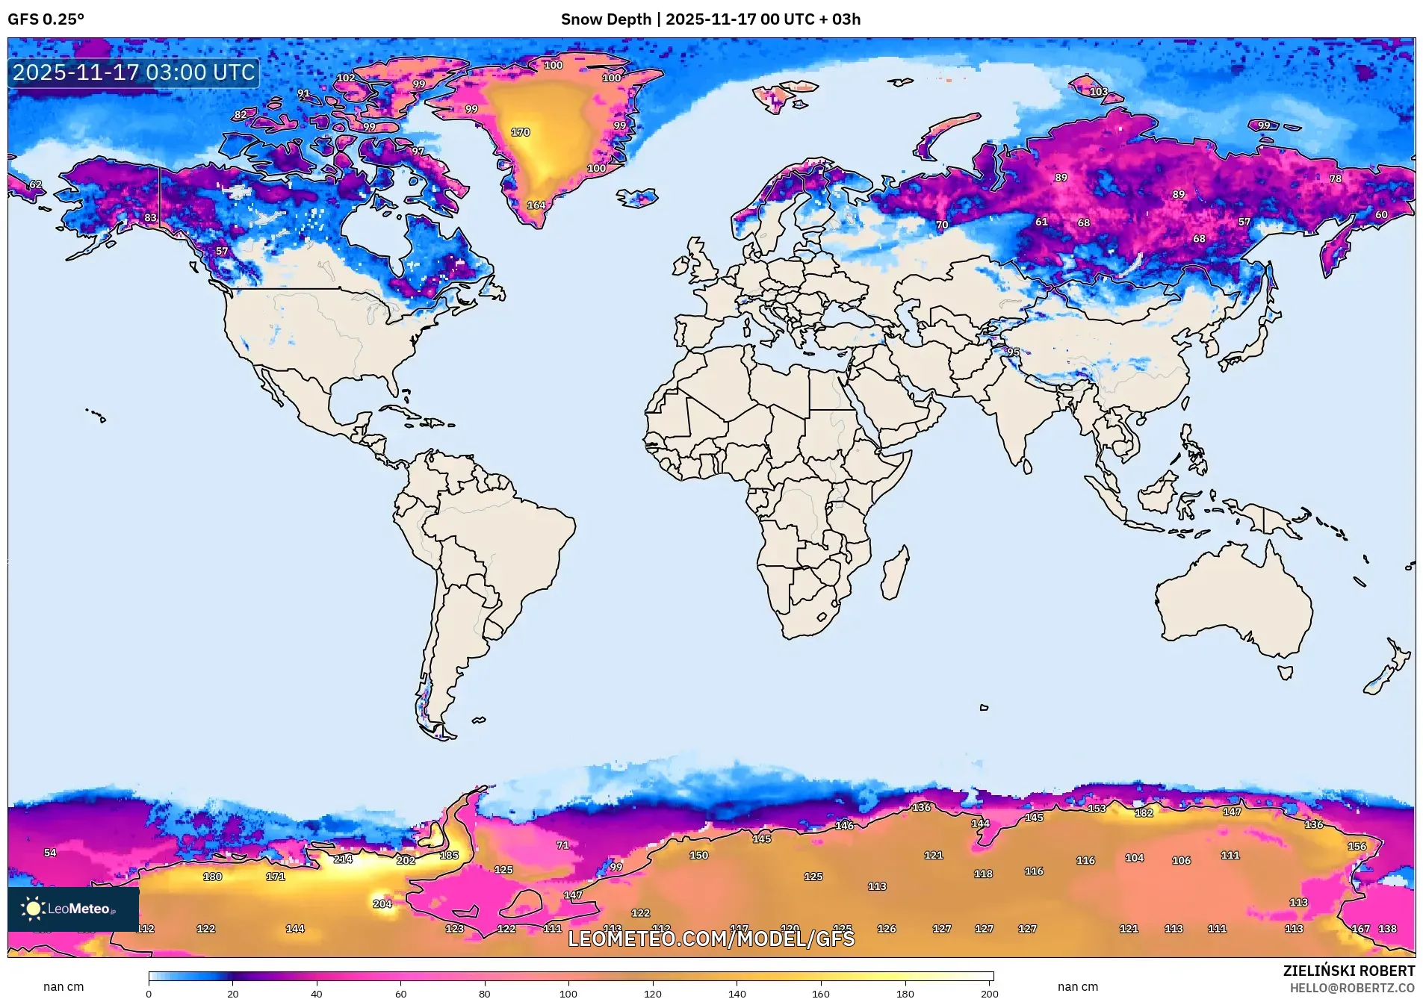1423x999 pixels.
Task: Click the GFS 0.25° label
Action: tap(46, 19)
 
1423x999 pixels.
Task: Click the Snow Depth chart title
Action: tap(710, 19)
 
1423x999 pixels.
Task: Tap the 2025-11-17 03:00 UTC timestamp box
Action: tap(134, 72)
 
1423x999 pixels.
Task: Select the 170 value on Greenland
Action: tap(520, 132)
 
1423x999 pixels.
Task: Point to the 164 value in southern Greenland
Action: tap(536, 205)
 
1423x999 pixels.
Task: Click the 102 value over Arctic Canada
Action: tap(346, 78)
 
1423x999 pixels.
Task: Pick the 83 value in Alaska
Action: tap(151, 218)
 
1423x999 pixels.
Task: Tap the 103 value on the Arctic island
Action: tap(1099, 92)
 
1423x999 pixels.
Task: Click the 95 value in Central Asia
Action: tap(1013, 352)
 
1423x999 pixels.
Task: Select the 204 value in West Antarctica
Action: tap(382, 903)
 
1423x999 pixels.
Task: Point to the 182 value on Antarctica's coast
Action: tap(1144, 813)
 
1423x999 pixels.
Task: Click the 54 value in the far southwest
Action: tap(50, 853)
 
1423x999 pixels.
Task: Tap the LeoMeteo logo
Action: tap(72, 909)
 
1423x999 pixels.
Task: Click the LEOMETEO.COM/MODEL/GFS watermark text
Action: tap(710, 939)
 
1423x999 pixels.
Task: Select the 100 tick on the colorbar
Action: tap(568, 993)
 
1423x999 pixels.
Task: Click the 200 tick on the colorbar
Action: tap(989, 993)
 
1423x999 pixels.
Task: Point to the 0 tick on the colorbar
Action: tap(149, 993)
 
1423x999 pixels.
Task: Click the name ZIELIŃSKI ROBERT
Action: tap(1348, 971)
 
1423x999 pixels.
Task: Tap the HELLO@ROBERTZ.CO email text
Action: tap(1352, 988)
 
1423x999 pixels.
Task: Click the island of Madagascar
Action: tap(895, 573)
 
